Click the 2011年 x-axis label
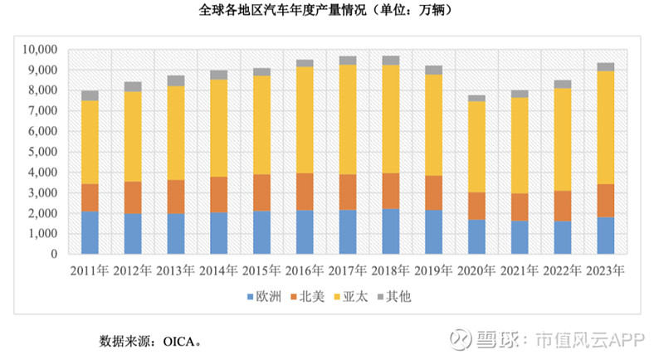point(90,270)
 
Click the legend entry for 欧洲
point(268,295)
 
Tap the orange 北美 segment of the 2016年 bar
point(305,192)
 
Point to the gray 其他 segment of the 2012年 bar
point(133,86)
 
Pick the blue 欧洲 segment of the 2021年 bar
point(520,237)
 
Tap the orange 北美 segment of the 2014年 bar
point(219,194)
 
